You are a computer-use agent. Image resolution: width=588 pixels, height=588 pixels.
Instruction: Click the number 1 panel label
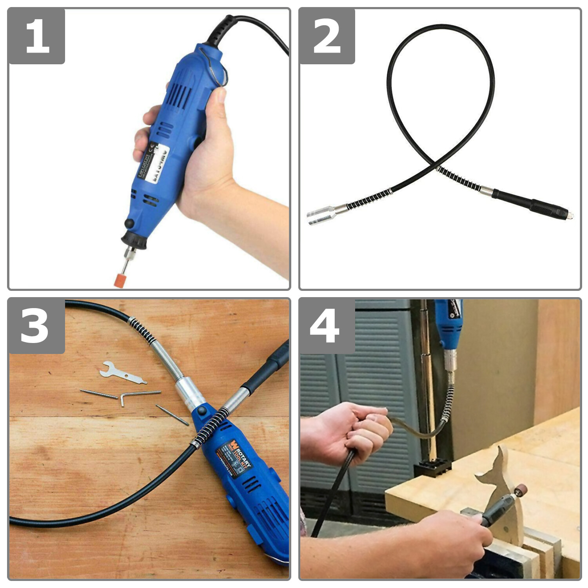(37, 36)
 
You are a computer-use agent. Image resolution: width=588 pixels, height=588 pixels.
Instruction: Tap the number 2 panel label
(327, 36)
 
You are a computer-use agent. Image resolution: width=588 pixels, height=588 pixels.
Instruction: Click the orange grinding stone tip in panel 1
(120, 280)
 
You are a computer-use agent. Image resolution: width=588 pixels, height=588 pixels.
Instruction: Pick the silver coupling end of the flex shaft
(319, 217)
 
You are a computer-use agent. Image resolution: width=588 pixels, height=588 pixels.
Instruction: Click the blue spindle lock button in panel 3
(202, 411)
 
